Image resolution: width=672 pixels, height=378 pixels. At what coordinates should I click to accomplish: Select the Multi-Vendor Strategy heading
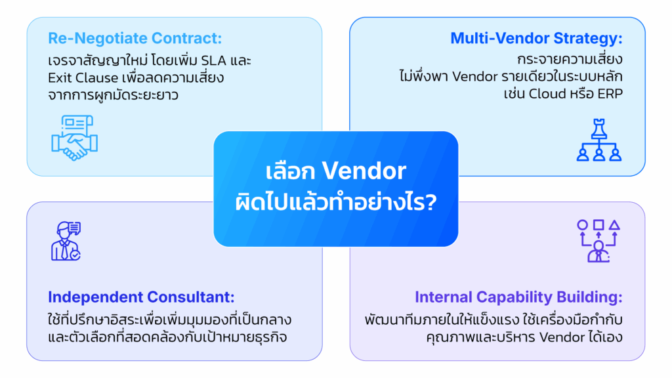536,38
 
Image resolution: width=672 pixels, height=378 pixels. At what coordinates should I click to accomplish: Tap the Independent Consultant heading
141,297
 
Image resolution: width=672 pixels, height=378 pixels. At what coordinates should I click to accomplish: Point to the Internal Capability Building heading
518,297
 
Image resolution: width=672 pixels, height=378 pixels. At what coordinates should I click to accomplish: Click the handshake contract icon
74,137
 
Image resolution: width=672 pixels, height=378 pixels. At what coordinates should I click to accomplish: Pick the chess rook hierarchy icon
598,141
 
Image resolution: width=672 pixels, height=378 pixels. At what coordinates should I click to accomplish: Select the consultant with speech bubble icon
66,241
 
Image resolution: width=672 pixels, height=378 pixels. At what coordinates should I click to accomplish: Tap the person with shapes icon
598,241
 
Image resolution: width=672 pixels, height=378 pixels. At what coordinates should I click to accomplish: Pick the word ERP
608,94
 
